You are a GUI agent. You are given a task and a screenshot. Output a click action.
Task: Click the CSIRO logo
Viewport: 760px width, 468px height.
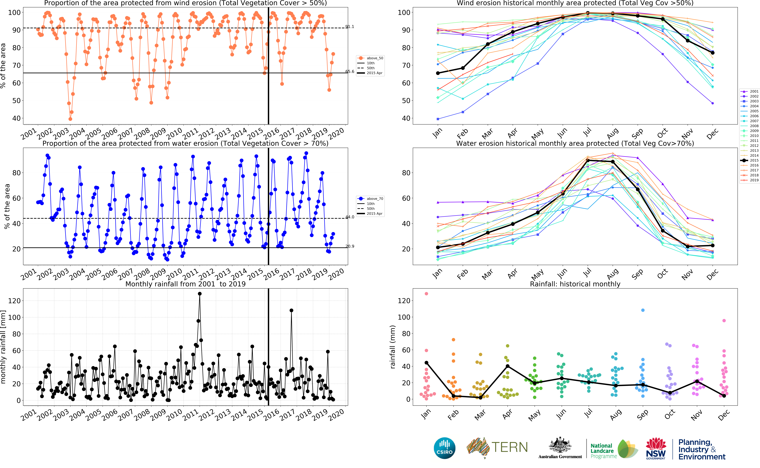(445, 448)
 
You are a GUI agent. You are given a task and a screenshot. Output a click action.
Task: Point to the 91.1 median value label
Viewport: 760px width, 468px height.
(350, 27)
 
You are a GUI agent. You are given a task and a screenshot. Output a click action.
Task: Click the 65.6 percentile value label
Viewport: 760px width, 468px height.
(350, 71)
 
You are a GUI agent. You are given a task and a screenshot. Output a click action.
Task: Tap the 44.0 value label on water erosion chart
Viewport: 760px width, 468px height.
(350, 217)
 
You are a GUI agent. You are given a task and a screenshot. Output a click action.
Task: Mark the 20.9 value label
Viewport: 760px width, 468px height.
(350, 246)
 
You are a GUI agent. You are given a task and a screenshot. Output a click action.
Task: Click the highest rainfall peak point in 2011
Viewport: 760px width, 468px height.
(200, 294)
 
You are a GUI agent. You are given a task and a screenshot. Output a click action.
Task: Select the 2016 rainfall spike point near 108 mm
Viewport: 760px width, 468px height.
(291, 310)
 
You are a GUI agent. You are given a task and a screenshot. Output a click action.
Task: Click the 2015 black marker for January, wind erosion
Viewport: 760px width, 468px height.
(438, 73)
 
